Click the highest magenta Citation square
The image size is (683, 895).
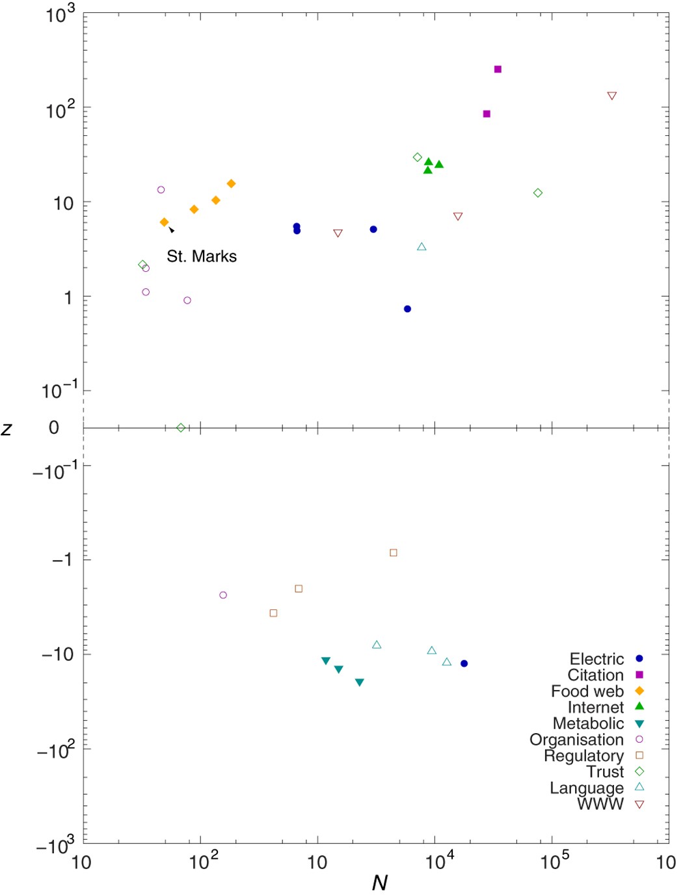498,69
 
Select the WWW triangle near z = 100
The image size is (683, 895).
611,96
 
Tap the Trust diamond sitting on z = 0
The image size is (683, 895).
181,427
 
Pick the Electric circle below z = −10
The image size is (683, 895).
464,663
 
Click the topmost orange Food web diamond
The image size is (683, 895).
231,183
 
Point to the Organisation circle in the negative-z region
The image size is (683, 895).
223,595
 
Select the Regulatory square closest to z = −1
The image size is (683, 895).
394,553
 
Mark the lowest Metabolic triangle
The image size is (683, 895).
360,682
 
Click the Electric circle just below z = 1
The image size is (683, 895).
407,309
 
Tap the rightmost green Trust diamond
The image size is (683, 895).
538,193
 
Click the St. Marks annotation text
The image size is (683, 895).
202,256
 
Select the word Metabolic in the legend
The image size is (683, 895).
588,723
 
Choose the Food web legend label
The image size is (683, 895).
587,691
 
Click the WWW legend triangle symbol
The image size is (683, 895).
639,805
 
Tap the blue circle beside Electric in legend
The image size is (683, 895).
639,659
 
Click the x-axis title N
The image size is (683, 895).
379,882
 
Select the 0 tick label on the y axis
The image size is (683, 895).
54,427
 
